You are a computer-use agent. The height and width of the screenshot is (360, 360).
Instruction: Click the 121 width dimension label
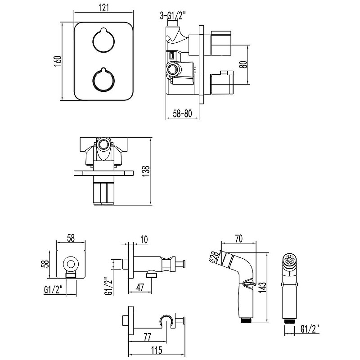pos(103,7)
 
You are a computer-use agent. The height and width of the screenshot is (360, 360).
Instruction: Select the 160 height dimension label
pos(58,61)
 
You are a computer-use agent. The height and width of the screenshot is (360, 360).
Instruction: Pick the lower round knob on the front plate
pos(103,79)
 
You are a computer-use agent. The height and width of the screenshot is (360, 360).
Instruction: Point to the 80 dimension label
pos(243,64)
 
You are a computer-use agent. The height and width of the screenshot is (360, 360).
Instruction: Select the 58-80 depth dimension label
pos(182,113)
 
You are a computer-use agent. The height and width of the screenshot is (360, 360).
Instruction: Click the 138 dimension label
pos(145,171)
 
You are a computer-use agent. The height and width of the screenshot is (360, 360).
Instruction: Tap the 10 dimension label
pos(144,239)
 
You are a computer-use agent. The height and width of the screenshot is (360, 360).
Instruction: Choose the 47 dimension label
pos(140,287)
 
